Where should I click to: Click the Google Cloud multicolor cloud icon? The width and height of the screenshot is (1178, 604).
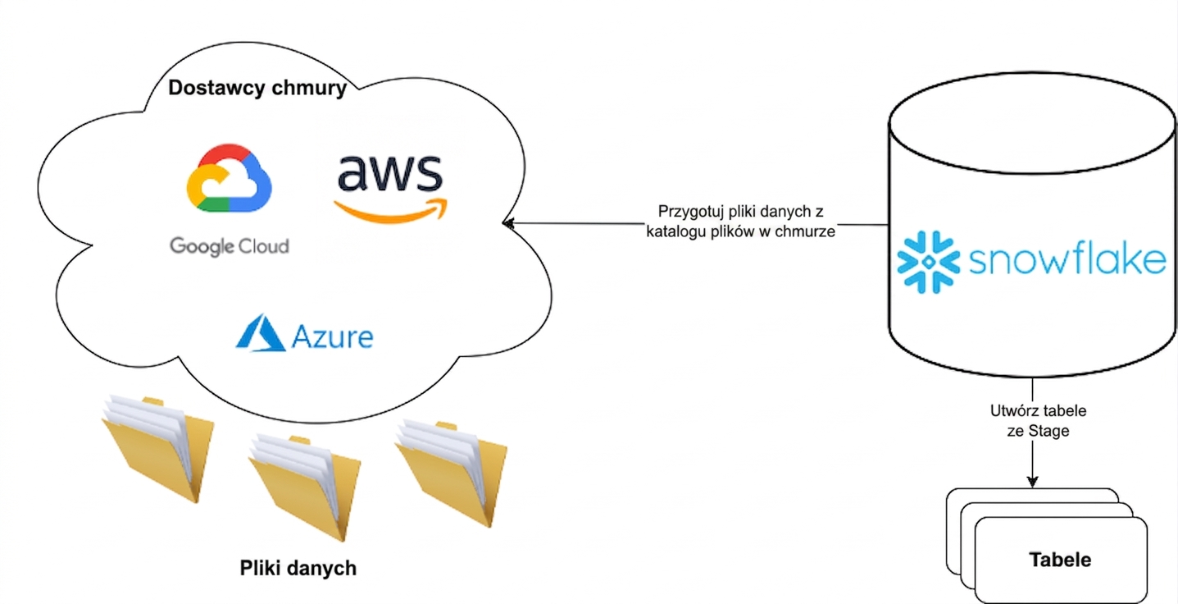point(230,178)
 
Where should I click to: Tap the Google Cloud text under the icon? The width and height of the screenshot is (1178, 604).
point(230,246)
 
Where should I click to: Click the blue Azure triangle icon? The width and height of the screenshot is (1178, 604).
point(261,333)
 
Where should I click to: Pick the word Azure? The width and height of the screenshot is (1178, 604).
point(332,336)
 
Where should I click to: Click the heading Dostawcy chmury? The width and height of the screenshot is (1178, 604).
point(257,88)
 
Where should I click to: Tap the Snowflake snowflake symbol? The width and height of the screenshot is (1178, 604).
point(928,262)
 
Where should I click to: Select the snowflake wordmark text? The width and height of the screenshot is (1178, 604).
point(1067,259)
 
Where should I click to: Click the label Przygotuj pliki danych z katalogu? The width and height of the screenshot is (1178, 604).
point(740,222)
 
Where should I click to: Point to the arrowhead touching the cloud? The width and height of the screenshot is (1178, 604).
point(508,224)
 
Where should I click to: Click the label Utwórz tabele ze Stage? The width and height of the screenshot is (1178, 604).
point(1038,421)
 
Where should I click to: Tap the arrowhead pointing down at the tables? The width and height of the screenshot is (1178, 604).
point(1032,482)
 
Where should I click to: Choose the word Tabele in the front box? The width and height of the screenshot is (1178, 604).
point(1060,559)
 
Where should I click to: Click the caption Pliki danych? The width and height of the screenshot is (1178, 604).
point(298,568)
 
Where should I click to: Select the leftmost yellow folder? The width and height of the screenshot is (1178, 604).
point(157,449)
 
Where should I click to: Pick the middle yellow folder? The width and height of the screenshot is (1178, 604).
point(304,488)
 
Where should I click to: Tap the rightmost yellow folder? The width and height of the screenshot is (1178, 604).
point(451,474)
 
